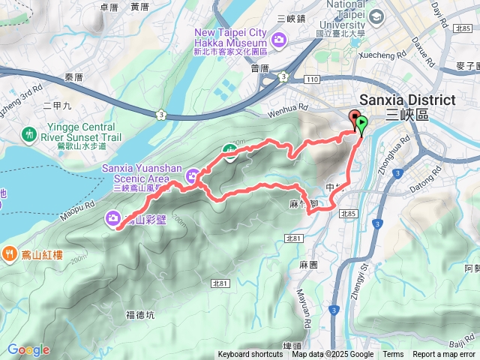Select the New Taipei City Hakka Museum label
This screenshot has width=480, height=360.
(x=231, y=37)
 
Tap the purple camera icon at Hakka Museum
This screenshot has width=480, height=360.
(x=280, y=39)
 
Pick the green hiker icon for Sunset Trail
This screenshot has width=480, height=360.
(x=29, y=133)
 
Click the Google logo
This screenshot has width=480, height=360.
(x=28, y=349)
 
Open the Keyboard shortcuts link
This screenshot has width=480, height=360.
(x=250, y=355)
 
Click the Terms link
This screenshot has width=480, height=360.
(x=393, y=355)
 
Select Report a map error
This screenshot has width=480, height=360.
(x=444, y=355)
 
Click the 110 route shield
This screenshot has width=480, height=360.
(x=312, y=79)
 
